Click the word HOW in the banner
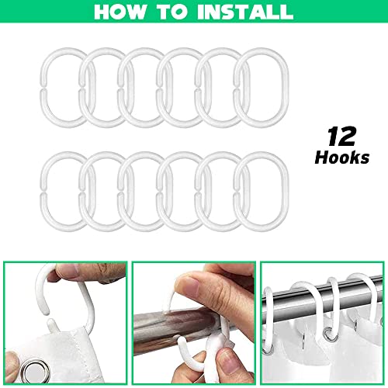click(x=120, y=12)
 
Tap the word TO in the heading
click(x=172, y=12)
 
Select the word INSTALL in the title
click(x=245, y=12)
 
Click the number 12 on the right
click(x=342, y=137)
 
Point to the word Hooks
click(x=342, y=158)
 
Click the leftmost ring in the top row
click(x=44, y=88)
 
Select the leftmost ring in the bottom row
click(x=44, y=192)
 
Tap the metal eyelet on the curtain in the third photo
click(x=328, y=333)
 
